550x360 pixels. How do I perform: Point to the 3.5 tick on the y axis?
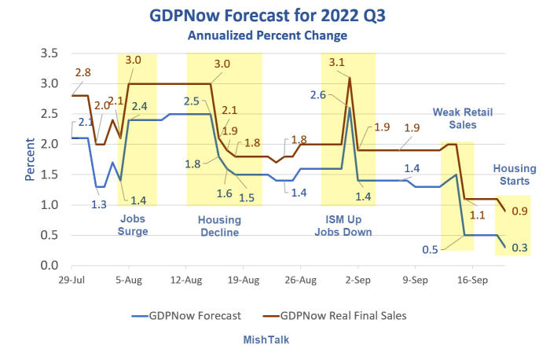point(49,53)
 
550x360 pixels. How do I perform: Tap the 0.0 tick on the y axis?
point(49,266)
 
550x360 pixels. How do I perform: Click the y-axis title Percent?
point(30,160)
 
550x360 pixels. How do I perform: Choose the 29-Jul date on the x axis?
point(71,279)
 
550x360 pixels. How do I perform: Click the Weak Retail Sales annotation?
point(459,119)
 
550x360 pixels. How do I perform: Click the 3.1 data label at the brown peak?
point(336,62)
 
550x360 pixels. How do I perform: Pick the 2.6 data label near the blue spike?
point(318,95)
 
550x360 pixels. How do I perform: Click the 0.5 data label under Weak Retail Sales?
point(430,249)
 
